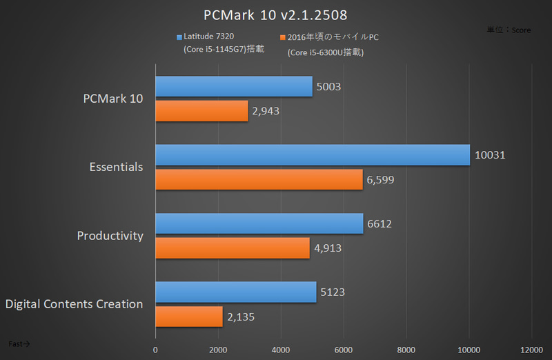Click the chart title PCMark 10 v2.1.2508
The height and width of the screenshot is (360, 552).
275,15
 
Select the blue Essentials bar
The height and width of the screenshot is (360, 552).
313,155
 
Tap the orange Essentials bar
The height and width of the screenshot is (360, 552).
259,179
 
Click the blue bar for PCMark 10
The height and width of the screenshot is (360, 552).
233,87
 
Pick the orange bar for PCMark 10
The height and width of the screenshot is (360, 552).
201,111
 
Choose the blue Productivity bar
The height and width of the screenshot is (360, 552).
259,223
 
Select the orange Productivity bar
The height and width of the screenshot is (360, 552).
233,248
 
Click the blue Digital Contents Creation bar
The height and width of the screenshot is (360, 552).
235,292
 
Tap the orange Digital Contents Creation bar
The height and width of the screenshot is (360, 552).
189,317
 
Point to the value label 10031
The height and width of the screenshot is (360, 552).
490,155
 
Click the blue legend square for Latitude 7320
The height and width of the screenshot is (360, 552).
179,37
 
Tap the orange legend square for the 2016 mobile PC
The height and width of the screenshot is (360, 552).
282,37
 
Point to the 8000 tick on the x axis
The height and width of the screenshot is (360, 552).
406,349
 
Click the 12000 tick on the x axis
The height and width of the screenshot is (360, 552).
531,349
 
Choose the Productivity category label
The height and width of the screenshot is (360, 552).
110,236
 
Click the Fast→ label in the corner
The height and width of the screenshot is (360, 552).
19,343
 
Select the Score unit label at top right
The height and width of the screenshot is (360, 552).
509,30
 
